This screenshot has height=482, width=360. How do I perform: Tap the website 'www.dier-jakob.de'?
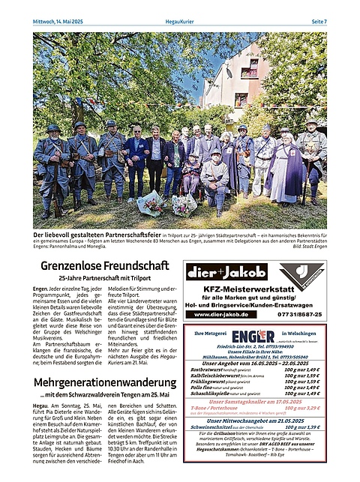[x=221, y=314]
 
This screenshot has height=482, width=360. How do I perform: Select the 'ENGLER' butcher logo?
[x=253, y=335]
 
